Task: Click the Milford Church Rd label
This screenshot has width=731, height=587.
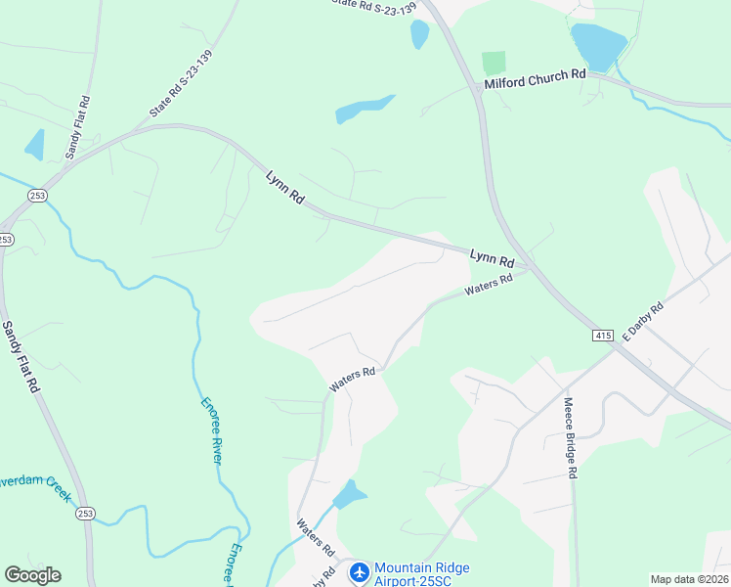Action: click(x=535, y=74)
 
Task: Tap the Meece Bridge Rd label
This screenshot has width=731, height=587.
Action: click(x=571, y=436)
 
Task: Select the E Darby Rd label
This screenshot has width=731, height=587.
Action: click(x=643, y=321)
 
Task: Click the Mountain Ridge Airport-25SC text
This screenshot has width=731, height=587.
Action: click(x=421, y=574)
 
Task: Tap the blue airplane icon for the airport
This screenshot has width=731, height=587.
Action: click(x=359, y=570)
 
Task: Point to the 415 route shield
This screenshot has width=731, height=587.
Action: click(x=602, y=336)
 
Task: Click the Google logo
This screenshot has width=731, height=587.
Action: click(x=32, y=575)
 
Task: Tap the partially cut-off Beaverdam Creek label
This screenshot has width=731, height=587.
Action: click(x=35, y=487)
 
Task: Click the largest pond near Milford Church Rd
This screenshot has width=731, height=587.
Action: click(x=597, y=45)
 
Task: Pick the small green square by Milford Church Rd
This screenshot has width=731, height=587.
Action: click(x=494, y=63)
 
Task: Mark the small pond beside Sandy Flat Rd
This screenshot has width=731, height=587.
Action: click(x=35, y=144)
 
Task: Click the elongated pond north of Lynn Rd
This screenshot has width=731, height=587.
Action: click(x=365, y=109)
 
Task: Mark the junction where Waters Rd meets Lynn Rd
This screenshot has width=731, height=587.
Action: click(x=526, y=269)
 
